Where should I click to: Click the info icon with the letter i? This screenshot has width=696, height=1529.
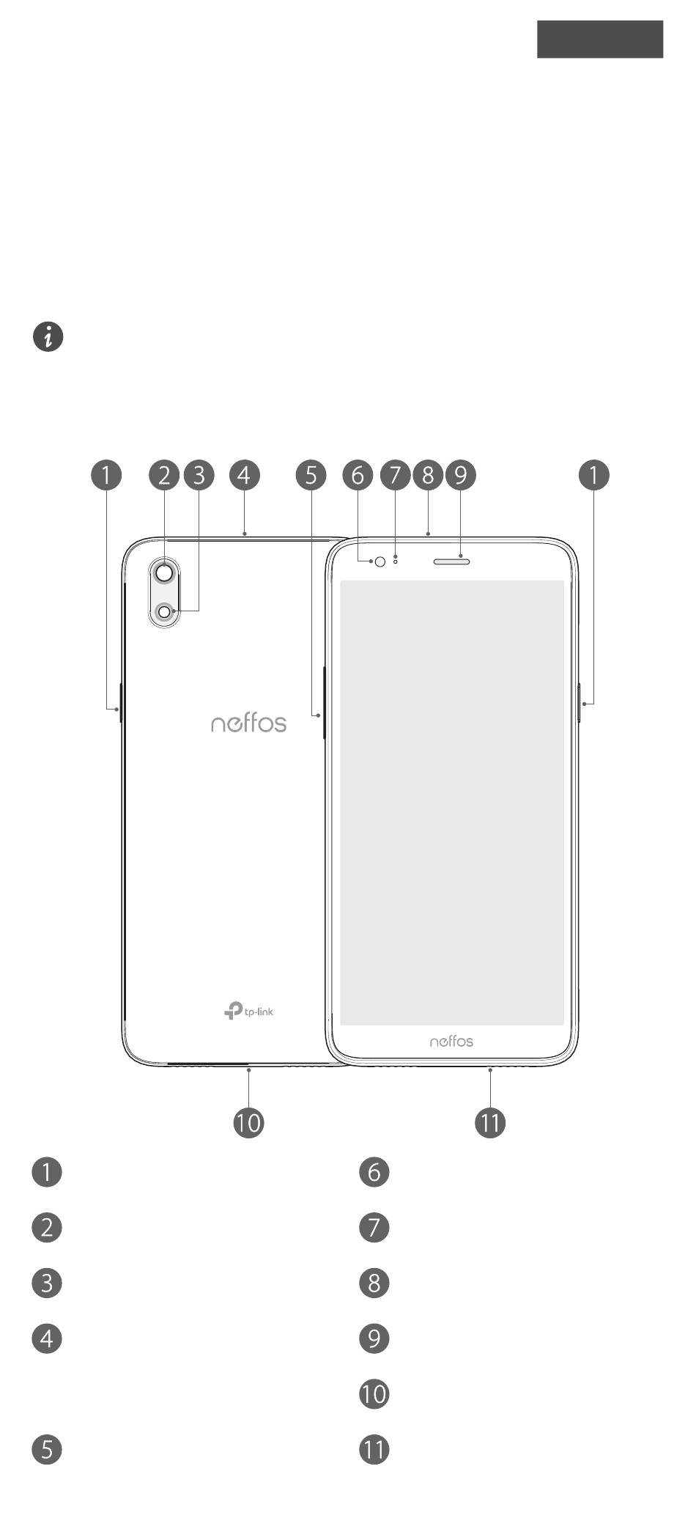pyautogui.click(x=48, y=336)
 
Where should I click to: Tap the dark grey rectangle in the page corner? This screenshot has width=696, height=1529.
pyautogui.click(x=599, y=39)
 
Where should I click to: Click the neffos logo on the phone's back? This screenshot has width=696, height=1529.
pyautogui.click(x=248, y=723)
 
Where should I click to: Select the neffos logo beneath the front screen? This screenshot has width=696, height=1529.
pyautogui.click(x=451, y=1041)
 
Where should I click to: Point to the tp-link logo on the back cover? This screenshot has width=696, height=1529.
pyautogui.click(x=249, y=1011)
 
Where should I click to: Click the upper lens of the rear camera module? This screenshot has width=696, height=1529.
pyautogui.click(x=166, y=572)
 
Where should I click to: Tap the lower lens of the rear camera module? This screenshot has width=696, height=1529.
pyautogui.click(x=166, y=611)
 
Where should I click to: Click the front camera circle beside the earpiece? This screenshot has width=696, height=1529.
pyautogui.click(x=380, y=561)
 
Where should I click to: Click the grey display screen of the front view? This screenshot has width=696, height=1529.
pyautogui.click(x=452, y=803)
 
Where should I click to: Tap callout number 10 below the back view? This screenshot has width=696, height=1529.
pyautogui.click(x=248, y=1122)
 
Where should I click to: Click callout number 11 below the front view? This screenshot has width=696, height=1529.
pyautogui.click(x=490, y=1122)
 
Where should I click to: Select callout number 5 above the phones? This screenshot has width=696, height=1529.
pyautogui.click(x=311, y=475)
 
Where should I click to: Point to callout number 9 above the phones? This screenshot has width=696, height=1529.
pyautogui.click(x=461, y=475)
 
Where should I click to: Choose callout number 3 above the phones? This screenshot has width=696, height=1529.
pyautogui.click(x=199, y=475)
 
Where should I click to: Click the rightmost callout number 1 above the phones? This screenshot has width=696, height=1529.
pyautogui.click(x=593, y=475)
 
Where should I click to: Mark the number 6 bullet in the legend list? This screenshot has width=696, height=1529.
pyautogui.click(x=374, y=1172)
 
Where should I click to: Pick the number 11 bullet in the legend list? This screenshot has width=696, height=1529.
pyautogui.click(x=374, y=1449)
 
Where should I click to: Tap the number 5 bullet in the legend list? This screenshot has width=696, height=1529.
pyautogui.click(x=47, y=1449)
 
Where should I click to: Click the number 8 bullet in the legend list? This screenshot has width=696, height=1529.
pyautogui.click(x=374, y=1283)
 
